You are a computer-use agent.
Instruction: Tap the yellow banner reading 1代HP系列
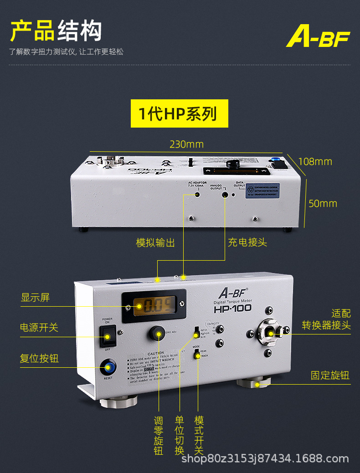179,113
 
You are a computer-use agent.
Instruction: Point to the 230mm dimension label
186,144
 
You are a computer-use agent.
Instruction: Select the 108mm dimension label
315,162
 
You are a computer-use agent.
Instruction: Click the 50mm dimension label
323,203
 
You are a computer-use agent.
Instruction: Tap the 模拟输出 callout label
155,242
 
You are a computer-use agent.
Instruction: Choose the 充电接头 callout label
247,242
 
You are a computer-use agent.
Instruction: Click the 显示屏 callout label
35,298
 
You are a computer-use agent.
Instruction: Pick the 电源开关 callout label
39,328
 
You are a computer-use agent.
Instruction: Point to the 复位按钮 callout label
39,358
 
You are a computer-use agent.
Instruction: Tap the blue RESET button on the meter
108,367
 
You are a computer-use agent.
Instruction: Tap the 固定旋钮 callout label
330,375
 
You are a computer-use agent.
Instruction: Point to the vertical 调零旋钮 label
159,436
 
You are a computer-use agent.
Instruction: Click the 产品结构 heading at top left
56,31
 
